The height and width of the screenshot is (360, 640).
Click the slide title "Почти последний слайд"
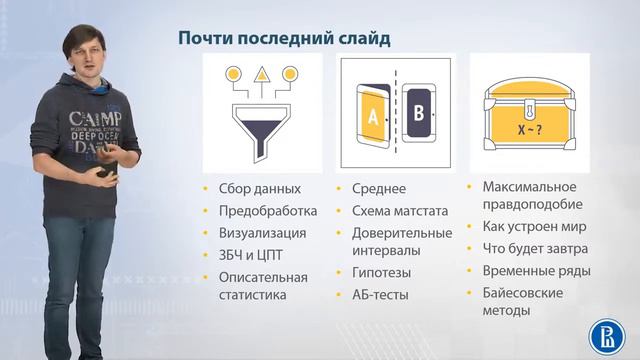(283, 38)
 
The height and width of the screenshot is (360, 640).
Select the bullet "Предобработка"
(267, 211)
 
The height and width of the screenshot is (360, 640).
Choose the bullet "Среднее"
(377, 189)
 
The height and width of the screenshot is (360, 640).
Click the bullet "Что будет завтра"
(535, 248)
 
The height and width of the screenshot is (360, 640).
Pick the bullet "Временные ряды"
(536, 270)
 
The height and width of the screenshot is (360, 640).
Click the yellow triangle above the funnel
(262, 74)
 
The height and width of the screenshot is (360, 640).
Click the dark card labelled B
(419, 113)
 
